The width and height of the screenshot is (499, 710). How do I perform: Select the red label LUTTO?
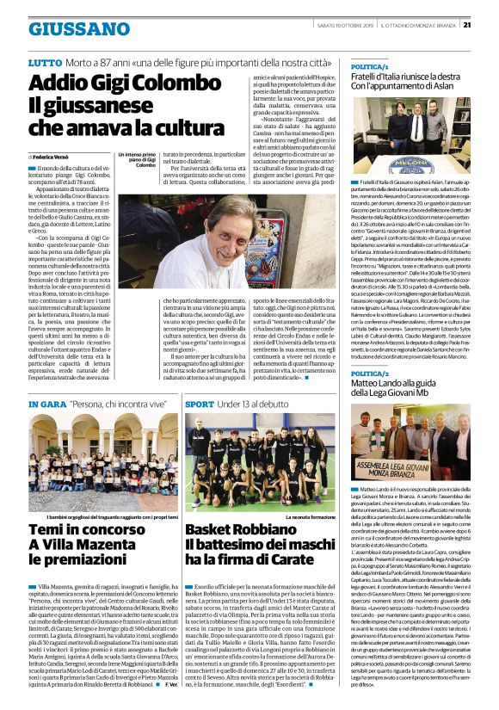click(45, 64)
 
